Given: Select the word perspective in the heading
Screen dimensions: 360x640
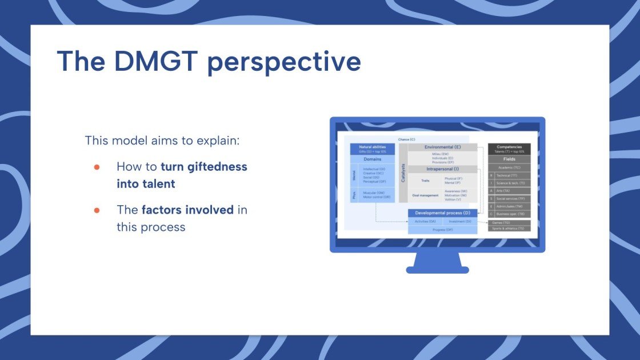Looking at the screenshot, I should pos(284,63).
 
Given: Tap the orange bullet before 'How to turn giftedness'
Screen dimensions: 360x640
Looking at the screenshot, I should pos(97,167).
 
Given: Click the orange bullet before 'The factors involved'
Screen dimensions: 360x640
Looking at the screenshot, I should pos(97,210).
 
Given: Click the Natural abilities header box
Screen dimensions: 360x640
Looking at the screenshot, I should pos(372,149).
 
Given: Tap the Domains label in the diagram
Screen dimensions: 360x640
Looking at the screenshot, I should pos(372,159).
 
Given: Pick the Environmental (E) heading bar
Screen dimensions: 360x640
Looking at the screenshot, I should pos(442,147).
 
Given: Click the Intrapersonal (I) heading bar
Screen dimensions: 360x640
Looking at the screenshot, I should pos(442,169).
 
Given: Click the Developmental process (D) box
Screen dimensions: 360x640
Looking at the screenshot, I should pos(442,213).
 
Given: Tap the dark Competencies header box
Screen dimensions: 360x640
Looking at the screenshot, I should pos(509,149).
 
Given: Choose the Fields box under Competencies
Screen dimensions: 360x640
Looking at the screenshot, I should pos(509,159).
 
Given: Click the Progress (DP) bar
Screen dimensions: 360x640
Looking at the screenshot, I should pos(442,229).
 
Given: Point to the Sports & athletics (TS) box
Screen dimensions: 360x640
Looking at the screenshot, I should pos(509,229).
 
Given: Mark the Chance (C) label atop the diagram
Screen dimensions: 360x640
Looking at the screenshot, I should pos(407,139).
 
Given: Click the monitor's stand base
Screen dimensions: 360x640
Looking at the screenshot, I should pos(437,270).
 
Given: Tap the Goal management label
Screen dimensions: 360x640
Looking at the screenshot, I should pos(425,195).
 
